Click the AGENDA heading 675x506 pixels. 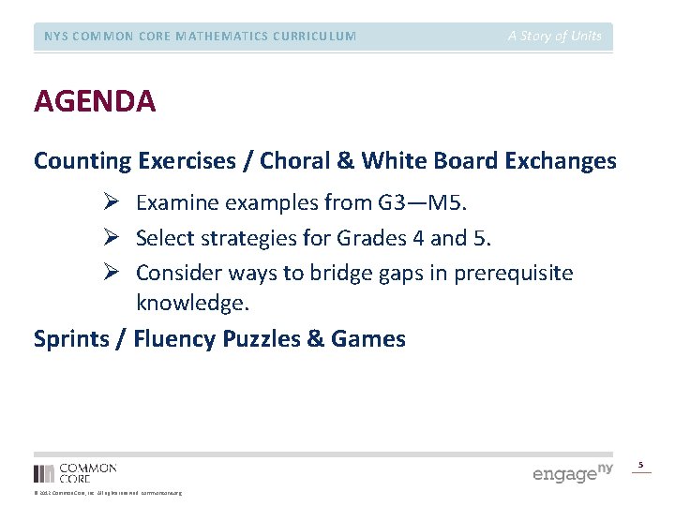tap(95, 101)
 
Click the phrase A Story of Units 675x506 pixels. tap(555, 36)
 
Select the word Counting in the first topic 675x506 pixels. tap(82, 161)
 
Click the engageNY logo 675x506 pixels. tap(573, 472)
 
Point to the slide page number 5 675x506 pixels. tap(641, 465)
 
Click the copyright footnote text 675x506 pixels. tap(108, 493)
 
